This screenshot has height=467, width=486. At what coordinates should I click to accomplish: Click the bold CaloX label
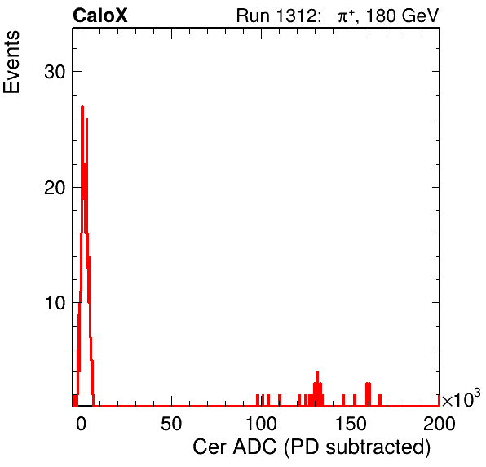coord(99,16)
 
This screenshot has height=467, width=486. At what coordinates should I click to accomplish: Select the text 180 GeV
coord(402,16)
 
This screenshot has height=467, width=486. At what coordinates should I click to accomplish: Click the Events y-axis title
coord(11,62)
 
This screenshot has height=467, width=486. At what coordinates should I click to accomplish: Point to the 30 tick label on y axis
coord(55,72)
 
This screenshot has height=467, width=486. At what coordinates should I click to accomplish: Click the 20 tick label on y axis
coord(55,188)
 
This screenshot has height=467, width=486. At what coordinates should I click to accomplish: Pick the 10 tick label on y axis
coord(55,303)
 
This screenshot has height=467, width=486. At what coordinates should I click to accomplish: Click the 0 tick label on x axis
coord(82,423)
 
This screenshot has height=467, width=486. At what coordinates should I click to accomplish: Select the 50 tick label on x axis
coord(171,423)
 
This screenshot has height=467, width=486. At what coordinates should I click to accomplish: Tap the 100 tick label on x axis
coord(261,423)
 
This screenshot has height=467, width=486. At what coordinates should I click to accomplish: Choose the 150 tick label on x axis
coord(351,423)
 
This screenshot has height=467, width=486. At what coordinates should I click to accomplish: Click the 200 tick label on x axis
coord(440,423)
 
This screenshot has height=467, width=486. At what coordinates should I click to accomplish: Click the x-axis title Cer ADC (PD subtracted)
coord(311,447)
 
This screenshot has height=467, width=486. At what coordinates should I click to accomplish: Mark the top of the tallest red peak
coord(82,107)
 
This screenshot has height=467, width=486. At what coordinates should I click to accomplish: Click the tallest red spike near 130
coord(317,388)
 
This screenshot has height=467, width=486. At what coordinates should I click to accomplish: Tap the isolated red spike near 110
coord(280,400)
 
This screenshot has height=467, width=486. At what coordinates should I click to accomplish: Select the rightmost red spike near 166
coord(380,400)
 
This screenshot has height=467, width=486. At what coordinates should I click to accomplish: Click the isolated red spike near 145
coord(343,400)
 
